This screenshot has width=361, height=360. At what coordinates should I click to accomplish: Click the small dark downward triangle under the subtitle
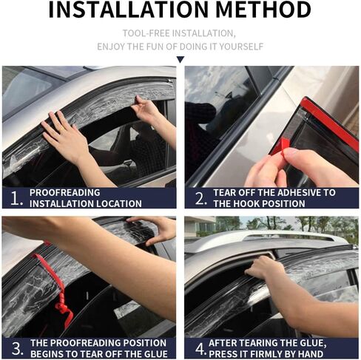[x=180, y=59]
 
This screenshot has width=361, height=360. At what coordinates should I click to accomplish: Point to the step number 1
[x=16, y=199]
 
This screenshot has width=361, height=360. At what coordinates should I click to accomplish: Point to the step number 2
[x=200, y=198]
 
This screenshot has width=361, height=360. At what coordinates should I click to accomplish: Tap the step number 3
[x=17, y=349]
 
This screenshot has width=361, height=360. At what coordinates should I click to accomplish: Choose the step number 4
[x=200, y=349]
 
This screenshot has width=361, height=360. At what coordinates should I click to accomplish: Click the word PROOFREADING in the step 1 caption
[x=65, y=193]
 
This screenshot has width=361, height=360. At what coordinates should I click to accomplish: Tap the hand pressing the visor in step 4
[x=264, y=268]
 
